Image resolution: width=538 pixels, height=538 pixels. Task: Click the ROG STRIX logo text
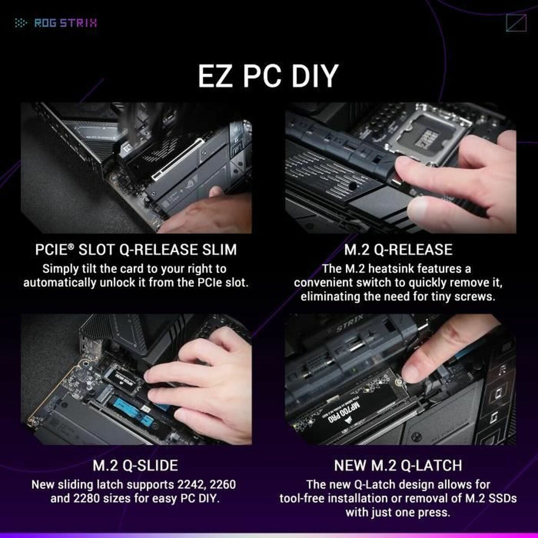[65, 23]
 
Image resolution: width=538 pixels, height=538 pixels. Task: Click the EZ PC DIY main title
[268, 76]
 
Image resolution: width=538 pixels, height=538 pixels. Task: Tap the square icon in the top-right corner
[516, 23]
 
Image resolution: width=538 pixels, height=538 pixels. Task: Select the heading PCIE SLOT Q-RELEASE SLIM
[136, 249]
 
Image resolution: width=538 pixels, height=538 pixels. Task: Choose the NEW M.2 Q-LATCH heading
[398, 465]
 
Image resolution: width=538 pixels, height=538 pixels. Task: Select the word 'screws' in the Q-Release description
[477, 297]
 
